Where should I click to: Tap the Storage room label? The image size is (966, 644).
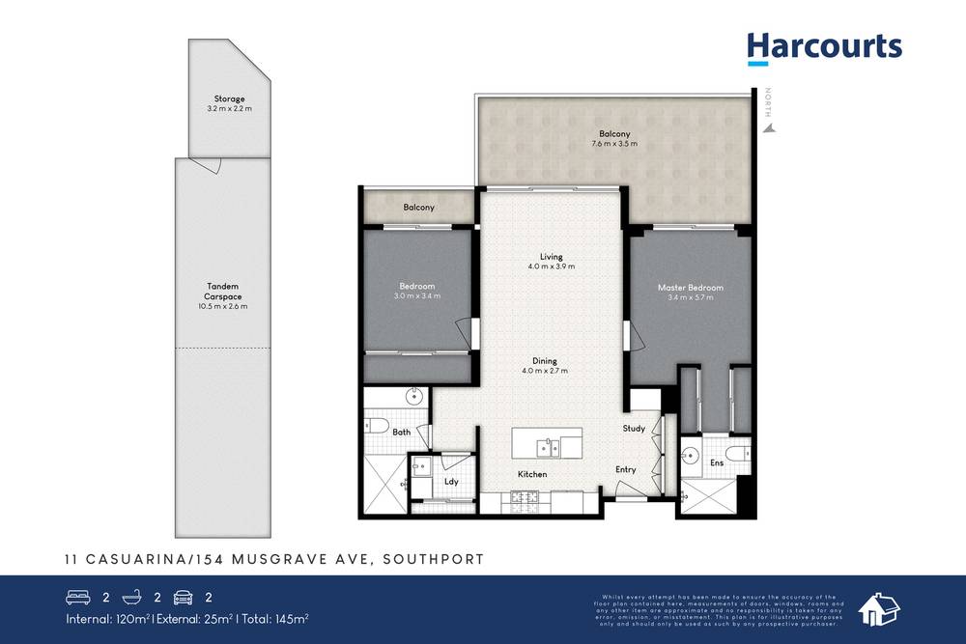pyautogui.click(x=229, y=98)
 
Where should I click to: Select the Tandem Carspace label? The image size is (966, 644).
pyautogui.click(x=223, y=291)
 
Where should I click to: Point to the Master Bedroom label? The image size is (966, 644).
pyautogui.click(x=690, y=288)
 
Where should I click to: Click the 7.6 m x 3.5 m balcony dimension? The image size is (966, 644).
pyautogui.click(x=614, y=144)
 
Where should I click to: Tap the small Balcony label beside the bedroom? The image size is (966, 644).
pyautogui.click(x=418, y=208)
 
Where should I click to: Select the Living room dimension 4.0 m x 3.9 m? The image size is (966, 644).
pyautogui.click(x=551, y=266)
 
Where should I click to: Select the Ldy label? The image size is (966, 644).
pyautogui.click(x=451, y=481)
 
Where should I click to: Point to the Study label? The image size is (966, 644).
pyautogui.click(x=634, y=429)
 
